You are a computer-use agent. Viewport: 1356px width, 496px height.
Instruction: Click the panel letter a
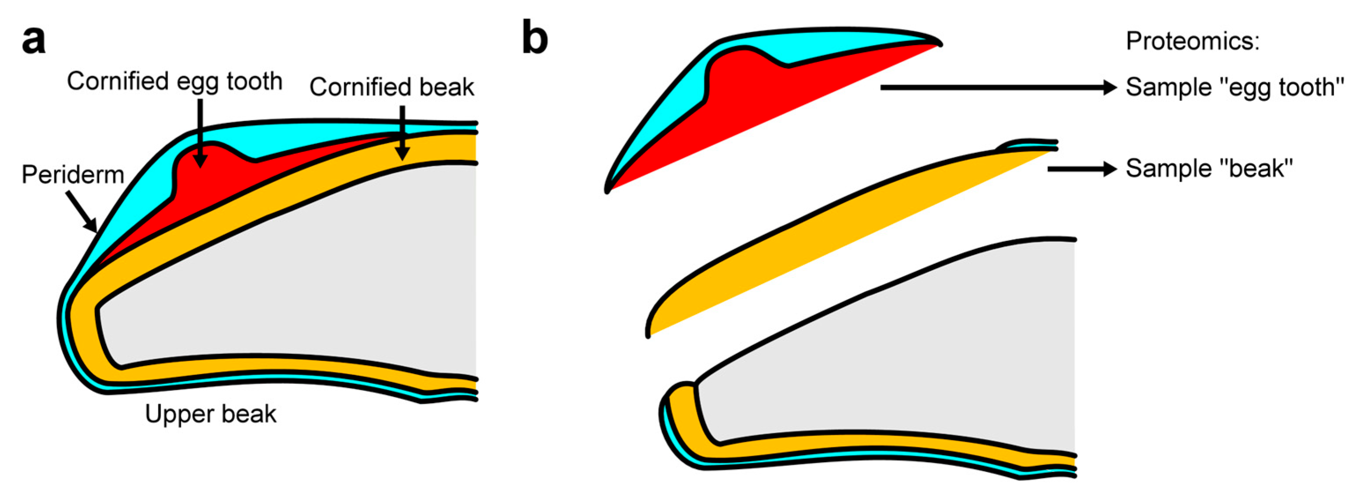[33, 41]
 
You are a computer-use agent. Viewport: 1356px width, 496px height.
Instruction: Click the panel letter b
[535, 38]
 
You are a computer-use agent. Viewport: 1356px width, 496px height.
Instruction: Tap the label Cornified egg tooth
[175, 81]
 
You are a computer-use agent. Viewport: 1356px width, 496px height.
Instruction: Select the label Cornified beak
[392, 87]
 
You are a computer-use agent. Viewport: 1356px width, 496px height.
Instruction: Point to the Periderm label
[73, 175]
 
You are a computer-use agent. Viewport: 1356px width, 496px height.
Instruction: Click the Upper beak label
[210, 415]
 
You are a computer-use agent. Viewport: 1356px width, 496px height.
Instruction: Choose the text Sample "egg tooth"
[1235, 87]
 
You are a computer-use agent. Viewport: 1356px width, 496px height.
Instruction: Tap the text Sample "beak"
[1209, 169]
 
